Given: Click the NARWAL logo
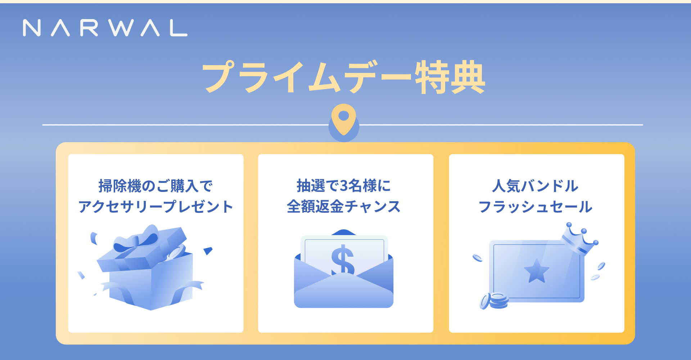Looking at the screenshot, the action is point(105,28).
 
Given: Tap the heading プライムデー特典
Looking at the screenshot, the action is point(344,77).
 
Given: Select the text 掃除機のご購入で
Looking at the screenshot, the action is point(155,186).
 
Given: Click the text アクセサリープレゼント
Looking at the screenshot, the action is point(156,207).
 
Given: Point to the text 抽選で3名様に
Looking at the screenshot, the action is point(344,186).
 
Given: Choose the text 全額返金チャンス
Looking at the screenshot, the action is point(344,207).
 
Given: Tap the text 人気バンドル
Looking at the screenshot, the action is point(535,186).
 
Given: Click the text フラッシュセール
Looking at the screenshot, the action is point(535,207).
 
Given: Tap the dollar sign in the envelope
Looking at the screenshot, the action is point(343,260).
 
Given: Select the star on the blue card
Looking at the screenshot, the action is point(536,271).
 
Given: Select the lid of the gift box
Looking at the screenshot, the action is point(142,252).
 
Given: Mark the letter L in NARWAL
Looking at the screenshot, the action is point(179,28).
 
